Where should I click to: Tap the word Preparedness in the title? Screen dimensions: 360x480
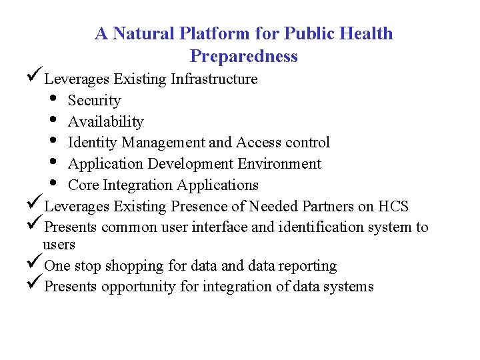(243, 56)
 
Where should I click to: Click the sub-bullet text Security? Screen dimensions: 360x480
(94, 101)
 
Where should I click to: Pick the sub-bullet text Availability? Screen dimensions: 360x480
(105, 122)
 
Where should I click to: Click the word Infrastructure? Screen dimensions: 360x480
(214, 79)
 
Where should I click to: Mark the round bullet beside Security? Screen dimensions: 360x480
(53, 101)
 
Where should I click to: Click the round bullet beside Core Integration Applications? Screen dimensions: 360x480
(53, 185)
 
